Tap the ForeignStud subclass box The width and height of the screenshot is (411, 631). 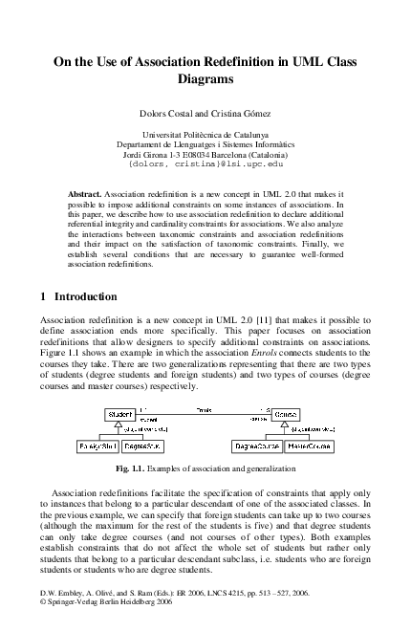pyautogui.click(x=97, y=446)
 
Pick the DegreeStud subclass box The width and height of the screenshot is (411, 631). pyautogui.click(x=142, y=446)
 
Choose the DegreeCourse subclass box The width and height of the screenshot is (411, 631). pyautogui.click(x=255, y=446)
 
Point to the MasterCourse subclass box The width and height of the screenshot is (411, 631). pyautogui.click(x=309, y=446)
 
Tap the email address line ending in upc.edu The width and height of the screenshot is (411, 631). pyautogui.click(x=205, y=164)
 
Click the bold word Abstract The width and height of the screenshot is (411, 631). pyautogui.click(x=85, y=194)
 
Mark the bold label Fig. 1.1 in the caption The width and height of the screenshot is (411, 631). pyautogui.click(x=131, y=469)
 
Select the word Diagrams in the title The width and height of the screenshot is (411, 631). pyautogui.click(x=205, y=79)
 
